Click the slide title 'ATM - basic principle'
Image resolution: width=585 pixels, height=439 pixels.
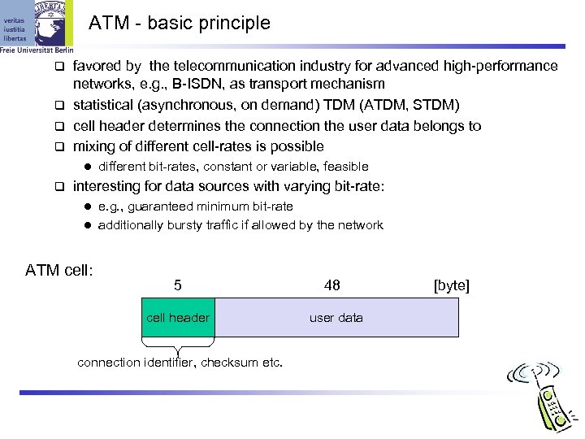pos(178,24)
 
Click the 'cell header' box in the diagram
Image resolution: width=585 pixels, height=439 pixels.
pos(178,318)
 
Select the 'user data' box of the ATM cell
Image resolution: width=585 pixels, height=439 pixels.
pos(336,318)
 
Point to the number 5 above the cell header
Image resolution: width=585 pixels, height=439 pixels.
pos(178,285)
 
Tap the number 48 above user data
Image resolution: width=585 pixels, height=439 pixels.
pos(331,285)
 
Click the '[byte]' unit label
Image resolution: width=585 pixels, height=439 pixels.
pos(452,285)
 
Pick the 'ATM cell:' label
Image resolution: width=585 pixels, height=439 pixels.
pos(60,269)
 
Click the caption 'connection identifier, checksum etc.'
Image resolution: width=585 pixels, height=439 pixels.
pos(180,363)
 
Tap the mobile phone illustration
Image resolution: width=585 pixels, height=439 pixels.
pos(545,398)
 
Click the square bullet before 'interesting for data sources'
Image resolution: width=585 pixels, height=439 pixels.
pos(58,187)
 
